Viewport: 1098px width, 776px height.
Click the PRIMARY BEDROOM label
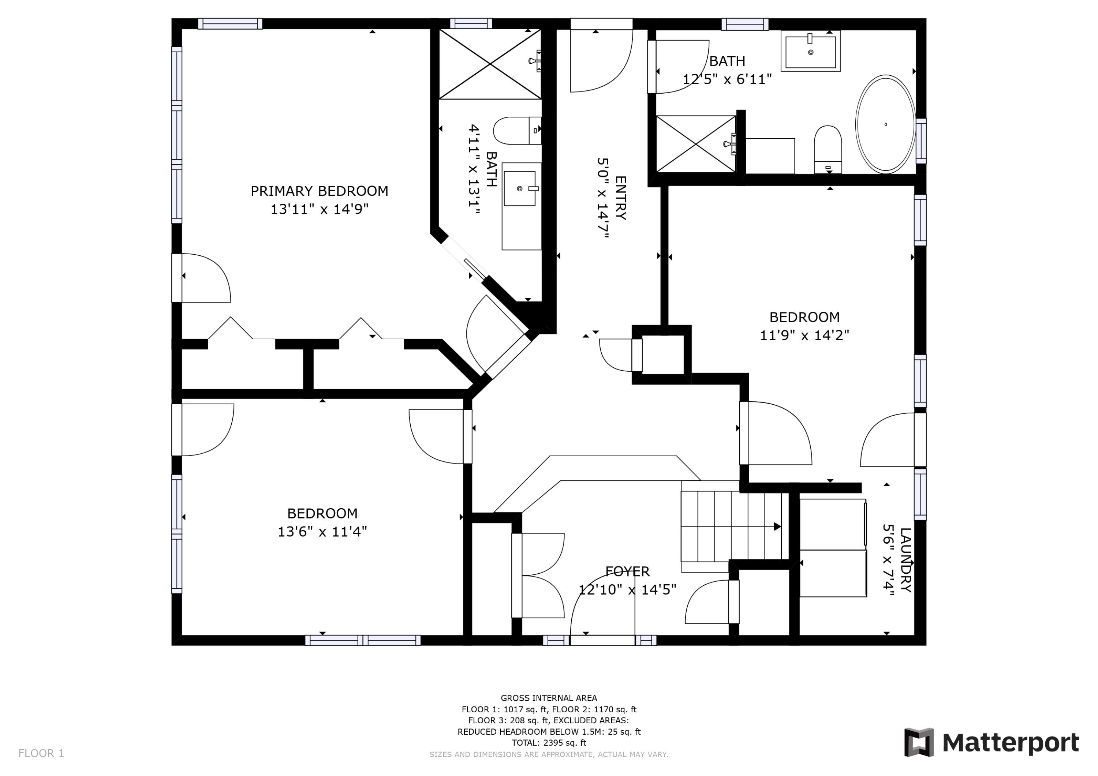(320, 191)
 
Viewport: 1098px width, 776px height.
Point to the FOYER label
(627, 571)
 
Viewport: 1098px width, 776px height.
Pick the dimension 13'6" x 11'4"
(322, 532)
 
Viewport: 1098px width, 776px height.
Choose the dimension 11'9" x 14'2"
(804, 335)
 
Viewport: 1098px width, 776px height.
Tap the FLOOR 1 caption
(41, 754)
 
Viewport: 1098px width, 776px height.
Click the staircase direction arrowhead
(777, 526)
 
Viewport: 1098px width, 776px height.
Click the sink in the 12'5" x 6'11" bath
(811, 51)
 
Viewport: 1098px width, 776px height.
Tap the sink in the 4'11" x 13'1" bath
(519, 188)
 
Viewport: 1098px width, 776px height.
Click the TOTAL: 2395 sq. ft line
(549, 743)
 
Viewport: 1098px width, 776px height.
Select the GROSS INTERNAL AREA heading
(549, 698)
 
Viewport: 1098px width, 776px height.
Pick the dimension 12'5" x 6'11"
(727, 79)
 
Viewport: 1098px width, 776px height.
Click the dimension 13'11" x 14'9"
(320, 209)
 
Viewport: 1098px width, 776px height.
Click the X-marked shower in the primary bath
(490, 64)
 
